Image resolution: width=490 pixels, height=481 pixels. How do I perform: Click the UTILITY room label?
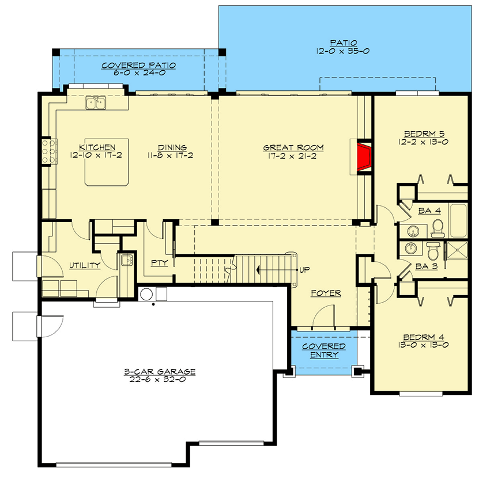tap(85, 265)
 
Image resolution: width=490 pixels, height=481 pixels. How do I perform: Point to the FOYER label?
tap(326, 293)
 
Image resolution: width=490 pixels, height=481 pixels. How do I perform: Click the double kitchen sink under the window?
tap(96, 103)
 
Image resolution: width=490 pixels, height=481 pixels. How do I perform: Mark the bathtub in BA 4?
tap(459, 221)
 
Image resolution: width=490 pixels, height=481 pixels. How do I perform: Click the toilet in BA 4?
tap(438, 228)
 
